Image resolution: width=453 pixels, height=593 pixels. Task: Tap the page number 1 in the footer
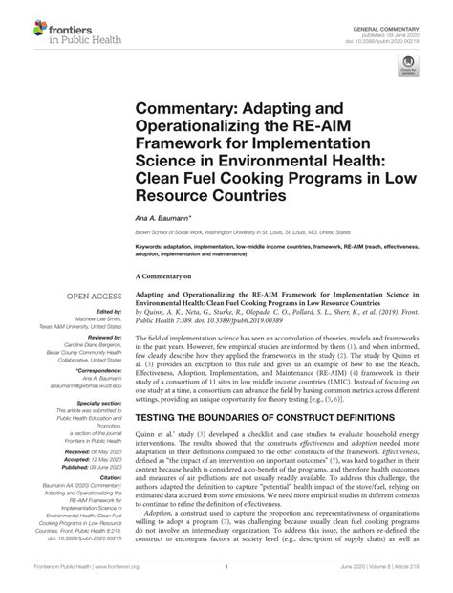click(x=226, y=581)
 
